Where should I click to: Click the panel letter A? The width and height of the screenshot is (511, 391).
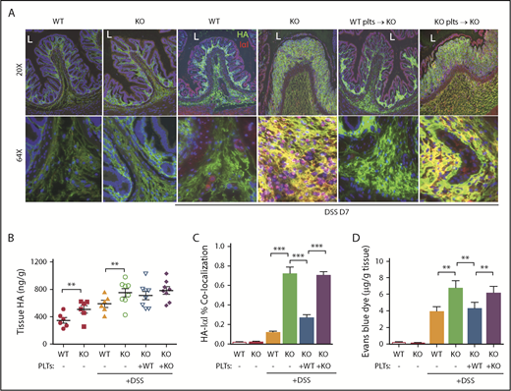pos(10,8)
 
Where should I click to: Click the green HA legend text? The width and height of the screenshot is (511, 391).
pos(239,35)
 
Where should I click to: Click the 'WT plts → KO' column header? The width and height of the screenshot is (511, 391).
pos(377,19)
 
